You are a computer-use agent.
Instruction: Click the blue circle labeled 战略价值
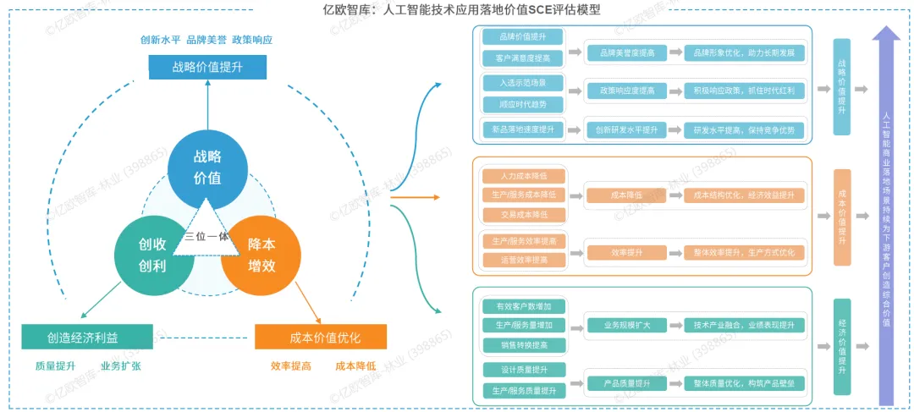click(207, 167)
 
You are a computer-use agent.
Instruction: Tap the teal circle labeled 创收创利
click(152, 255)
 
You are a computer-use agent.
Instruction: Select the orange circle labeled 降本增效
click(261, 255)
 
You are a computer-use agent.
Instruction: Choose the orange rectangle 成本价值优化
click(321, 338)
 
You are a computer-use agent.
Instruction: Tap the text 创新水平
click(160, 40)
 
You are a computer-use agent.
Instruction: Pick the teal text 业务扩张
click(121, 366)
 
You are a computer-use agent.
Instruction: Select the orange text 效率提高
click(291, 366)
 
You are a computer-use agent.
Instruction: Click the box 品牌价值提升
click(521, 37)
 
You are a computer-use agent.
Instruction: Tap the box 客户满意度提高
click(521, 58)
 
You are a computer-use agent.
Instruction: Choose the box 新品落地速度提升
click(521, 129)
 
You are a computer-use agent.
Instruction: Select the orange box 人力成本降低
click(521, 176)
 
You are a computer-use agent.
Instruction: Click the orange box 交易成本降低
click(521, 214)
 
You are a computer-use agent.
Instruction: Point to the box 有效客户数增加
click(521, 305)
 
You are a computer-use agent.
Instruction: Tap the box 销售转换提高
click(521, 344)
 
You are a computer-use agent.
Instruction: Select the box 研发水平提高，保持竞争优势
click(744, 129)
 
